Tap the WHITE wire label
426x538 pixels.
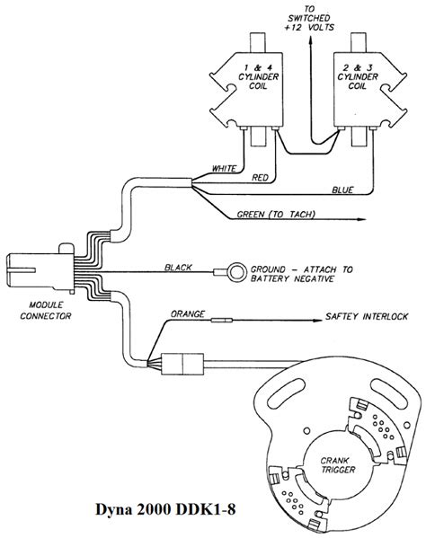pyautogui.click(x=224, y=168)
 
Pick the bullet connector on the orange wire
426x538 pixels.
pyautogui.click(x=223, y=320)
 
